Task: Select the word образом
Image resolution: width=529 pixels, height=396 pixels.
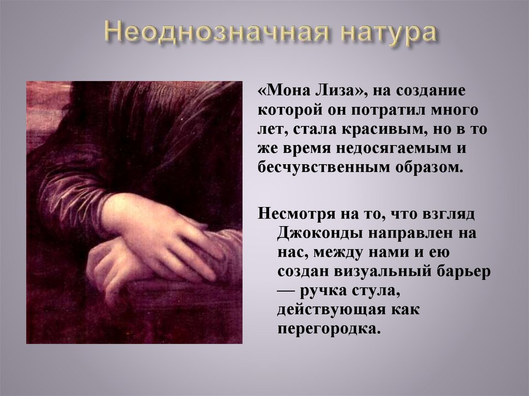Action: point(431,168)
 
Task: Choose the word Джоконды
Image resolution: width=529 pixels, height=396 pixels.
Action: point(319,233)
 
